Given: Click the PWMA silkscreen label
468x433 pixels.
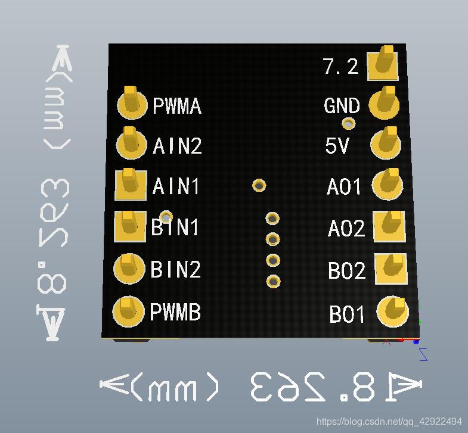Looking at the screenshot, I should click(177, 106).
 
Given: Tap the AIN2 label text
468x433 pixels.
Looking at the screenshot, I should click(177, 146).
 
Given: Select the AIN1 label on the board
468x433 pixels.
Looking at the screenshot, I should click(176, 186).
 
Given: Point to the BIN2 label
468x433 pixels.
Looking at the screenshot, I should click(175, 269).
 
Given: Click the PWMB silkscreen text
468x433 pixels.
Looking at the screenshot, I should click(175, 311).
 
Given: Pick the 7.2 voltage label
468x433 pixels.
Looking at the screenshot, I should click(341, 66).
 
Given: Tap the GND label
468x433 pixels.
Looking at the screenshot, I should click(342, 106).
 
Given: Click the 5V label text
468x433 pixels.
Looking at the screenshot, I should click(337, 145).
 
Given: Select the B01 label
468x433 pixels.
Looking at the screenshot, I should click(346, 314).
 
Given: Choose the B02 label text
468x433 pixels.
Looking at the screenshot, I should click(346, 271).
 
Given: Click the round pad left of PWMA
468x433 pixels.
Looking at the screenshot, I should click(131, 104).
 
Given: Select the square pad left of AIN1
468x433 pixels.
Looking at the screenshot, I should click(131, 185).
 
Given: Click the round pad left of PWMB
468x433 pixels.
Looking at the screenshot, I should click(128, 311).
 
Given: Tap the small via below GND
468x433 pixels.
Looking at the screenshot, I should click(348, 124).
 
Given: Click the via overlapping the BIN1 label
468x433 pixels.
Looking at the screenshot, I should click(167, 217).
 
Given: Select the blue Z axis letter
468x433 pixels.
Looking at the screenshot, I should click(423, 354).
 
